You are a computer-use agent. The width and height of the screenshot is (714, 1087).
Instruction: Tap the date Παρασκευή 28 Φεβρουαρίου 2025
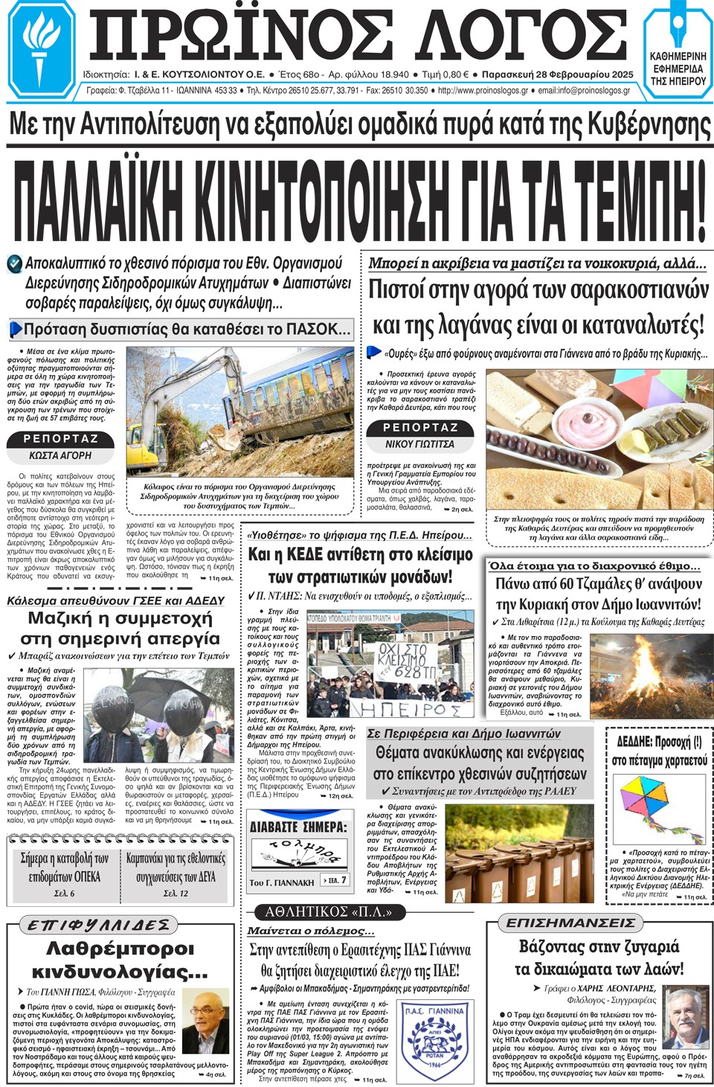pos(558,74)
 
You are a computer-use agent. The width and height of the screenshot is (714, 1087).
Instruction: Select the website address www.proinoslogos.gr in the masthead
pos(483,91)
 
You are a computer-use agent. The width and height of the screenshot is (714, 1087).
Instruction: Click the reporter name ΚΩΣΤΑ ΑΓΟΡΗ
pos(60,455)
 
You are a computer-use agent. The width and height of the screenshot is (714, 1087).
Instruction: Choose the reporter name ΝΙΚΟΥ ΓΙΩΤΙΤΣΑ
pos(419,444)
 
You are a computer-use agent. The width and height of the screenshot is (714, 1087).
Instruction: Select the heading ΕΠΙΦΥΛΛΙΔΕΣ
pos(99,925)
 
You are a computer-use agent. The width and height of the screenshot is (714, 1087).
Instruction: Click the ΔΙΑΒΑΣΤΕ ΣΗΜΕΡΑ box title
pos(297,827)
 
